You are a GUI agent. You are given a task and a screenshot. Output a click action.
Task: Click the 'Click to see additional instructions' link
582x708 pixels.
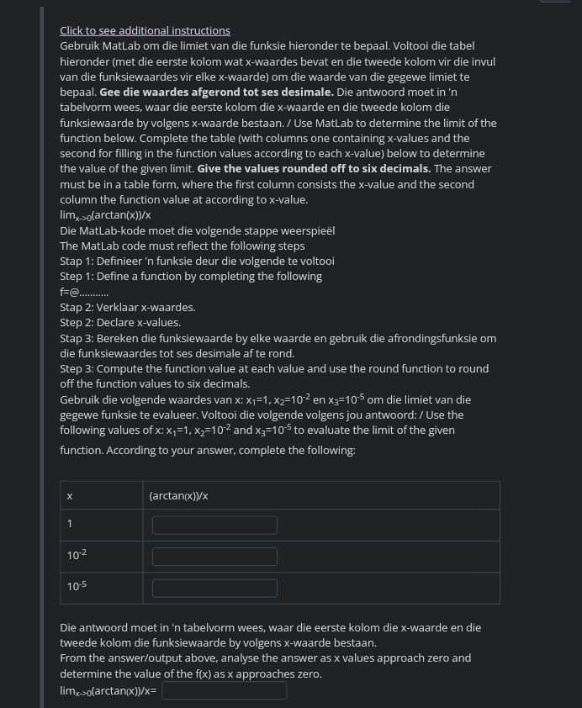pos(145,30)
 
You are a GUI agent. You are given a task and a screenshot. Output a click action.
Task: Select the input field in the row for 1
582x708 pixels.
pos(214,526)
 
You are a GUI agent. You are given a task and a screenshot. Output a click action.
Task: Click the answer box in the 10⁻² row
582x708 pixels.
pos(214,557)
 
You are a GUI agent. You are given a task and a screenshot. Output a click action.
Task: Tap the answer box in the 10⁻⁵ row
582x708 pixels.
pos(214,588)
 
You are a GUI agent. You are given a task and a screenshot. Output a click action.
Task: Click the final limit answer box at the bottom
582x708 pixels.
pos(224,690)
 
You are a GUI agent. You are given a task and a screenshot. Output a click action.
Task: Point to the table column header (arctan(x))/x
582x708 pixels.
pos(178,496)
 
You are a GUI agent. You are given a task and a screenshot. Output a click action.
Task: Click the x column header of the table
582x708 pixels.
pos(70,496)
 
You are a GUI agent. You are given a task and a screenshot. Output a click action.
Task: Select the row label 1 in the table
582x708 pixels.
pos(70,525)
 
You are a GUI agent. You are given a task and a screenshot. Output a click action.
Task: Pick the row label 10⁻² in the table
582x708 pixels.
pos(77,555)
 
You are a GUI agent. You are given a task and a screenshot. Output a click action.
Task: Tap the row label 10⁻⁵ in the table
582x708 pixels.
pos(77,586)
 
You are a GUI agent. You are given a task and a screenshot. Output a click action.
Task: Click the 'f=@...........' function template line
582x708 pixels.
pos(84,292)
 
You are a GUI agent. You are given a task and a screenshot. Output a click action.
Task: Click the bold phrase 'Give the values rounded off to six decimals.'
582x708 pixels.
pos(314,168)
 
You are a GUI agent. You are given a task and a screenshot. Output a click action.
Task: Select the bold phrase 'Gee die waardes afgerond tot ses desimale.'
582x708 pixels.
pos(216,92)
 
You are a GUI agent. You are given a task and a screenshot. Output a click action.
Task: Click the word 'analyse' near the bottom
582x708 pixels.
pos(238,658)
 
